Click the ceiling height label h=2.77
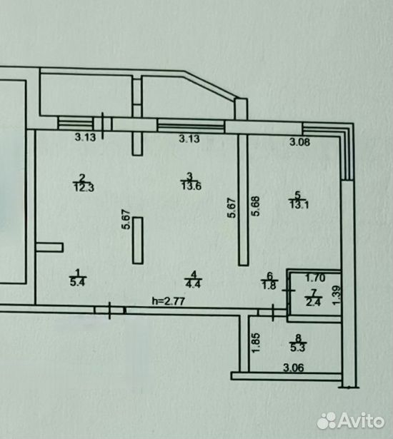coord(168,301)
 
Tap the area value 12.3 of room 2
coord(84,187)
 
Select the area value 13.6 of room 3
coord(191,186)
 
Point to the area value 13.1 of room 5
coord(299,205)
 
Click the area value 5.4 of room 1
coord(78,281)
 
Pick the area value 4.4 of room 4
coord(194,283)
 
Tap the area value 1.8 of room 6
coord(269,285)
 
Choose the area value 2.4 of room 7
coord(314,302)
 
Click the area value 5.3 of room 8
coord(298,348)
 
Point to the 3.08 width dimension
coord(300,142)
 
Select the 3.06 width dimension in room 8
coord(294,367)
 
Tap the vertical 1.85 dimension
coord(257,343)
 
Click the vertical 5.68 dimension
coord(256,206)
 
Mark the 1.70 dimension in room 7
coord(315,278)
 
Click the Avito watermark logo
coord(350,420)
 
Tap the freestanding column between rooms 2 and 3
coord(138,241)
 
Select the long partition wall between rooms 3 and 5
coord(243,200)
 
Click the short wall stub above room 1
coord(49,248)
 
